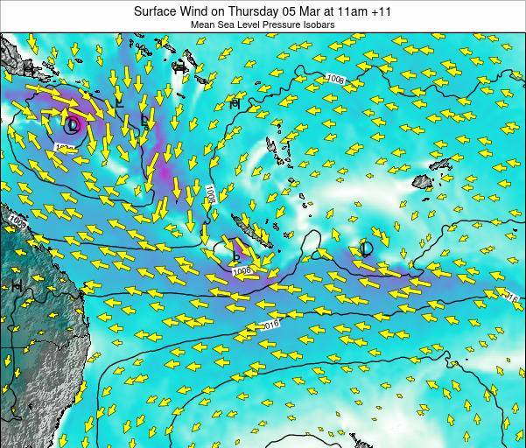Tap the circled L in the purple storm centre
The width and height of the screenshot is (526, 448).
(x=73, y=125)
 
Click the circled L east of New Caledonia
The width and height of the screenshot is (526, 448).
(x=366, y=248)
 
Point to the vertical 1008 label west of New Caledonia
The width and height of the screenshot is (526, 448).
(x=211, y=193)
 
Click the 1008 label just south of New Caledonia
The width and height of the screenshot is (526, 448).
(x=242, y=271)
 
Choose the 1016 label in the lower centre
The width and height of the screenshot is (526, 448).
(x=270, y=325)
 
